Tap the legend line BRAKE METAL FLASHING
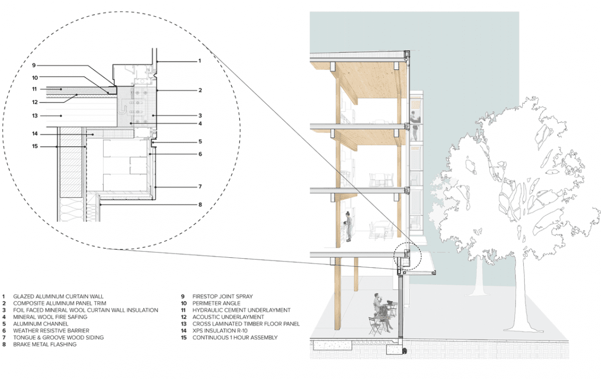[45, 345]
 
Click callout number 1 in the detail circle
[199, 61]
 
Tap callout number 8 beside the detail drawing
[199, 205]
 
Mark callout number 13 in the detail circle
[35, 115]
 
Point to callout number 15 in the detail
[35, 146]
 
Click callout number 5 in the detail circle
[199, 141]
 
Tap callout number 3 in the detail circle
[199, 115]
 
